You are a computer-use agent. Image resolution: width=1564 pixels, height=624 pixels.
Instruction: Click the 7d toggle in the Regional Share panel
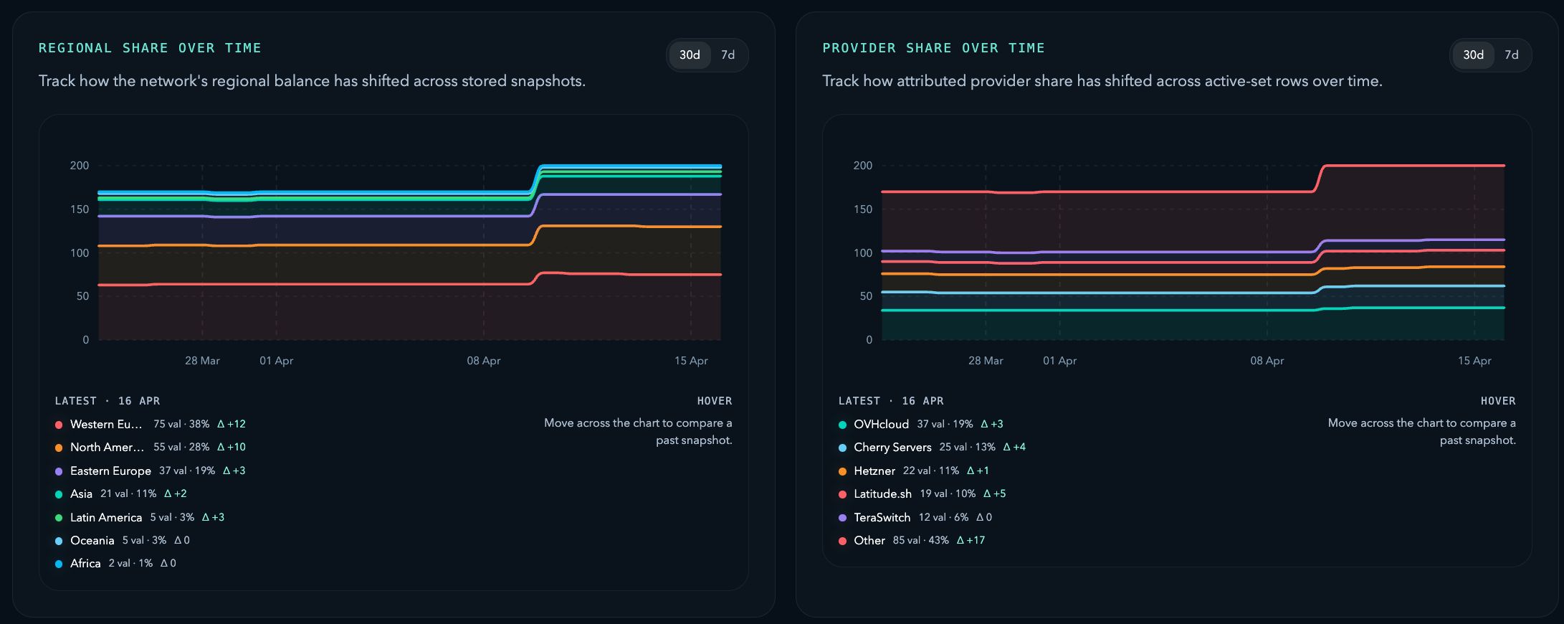[728, 55]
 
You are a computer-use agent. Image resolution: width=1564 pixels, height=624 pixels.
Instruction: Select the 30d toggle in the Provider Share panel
[1473, 55]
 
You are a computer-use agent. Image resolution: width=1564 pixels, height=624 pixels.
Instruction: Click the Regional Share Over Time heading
[150, 48]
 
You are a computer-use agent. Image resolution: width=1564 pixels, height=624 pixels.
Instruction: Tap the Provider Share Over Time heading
[933, 48]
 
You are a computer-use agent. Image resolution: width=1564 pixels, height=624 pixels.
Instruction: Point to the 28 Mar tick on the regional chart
[202, 361]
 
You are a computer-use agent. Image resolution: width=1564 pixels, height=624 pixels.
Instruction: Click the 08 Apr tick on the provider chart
[1267, 361]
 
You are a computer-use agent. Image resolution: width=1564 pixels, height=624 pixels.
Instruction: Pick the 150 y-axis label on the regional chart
[80, 209]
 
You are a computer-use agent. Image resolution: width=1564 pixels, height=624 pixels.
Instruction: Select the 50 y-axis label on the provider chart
[866, 296]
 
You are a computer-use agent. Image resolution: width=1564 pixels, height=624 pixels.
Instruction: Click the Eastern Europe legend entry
[110, 471]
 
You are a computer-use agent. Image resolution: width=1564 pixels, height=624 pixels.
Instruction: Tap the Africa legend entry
[85, 564]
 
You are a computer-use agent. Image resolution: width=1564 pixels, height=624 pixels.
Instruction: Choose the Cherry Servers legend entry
[892, 448]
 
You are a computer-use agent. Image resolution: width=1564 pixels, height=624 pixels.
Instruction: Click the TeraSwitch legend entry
[882, 517]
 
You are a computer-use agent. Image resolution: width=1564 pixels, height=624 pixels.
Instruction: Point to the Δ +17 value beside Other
[971, 540]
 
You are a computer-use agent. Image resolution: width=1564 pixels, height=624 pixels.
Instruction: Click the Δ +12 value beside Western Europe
[231, 424]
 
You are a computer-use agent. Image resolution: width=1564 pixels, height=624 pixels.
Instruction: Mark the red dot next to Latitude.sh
[843, 494]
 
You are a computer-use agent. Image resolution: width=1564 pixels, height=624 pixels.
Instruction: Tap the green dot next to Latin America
[59, 518]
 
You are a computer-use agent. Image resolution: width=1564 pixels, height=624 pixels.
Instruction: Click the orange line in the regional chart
[358, 245]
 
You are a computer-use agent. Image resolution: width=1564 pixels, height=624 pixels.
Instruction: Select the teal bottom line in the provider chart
[1075, 311]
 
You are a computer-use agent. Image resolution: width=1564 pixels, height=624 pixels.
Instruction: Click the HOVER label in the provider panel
[1497, 401]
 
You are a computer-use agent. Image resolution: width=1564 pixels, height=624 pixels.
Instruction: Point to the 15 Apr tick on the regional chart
[690, 361]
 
